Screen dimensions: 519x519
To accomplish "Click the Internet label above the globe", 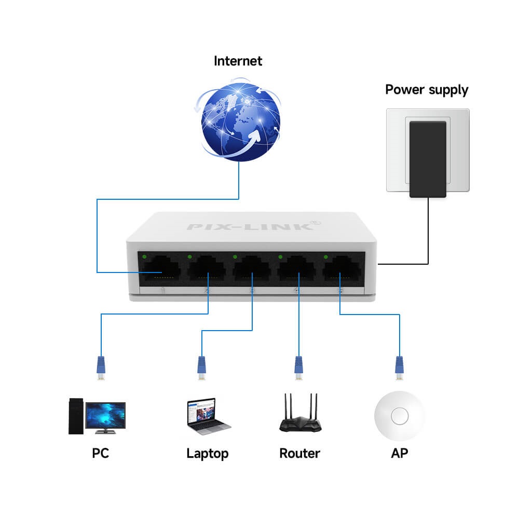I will click(x=238, y=61).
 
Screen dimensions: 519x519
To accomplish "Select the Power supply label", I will click(x=427, y=89).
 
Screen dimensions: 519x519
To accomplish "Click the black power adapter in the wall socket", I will click(x=428, y=159).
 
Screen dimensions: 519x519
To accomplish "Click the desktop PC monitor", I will click(x=105, y=414).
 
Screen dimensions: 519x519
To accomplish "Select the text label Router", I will click(x=299, y=453).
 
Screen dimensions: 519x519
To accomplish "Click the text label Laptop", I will click(x=207, y=454).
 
